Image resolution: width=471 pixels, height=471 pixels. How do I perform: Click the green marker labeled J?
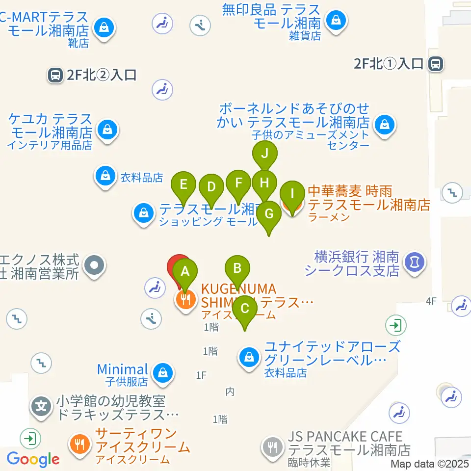[265, 154]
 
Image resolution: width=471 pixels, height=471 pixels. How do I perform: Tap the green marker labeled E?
[183, 185]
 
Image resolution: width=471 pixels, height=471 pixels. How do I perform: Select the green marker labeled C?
[245, 309]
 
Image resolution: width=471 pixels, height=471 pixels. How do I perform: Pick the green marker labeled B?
[237, 268]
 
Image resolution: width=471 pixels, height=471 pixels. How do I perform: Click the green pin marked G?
[269, 214]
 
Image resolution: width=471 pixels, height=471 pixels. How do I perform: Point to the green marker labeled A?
[185, 271]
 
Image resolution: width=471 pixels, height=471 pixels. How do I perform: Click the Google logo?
[33, 459]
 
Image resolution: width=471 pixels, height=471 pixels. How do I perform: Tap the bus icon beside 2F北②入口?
[55, 75]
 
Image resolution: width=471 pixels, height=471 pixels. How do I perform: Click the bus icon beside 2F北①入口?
[435, 63]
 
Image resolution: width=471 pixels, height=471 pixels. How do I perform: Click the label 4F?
[430, 301]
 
